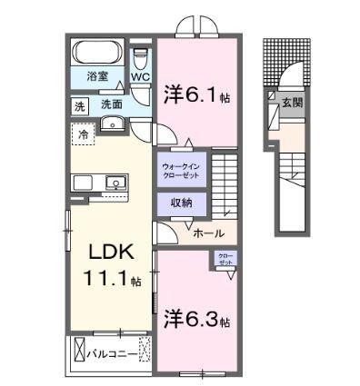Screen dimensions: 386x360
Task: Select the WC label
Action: click(140, 77)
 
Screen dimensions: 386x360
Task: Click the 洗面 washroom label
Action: click(112, 104)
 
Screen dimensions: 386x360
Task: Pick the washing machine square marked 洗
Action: click(81, 104)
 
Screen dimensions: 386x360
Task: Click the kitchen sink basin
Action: click(115, 183)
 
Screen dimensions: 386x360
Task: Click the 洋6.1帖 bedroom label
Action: click(195, 94)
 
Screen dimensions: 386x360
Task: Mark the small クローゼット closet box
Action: click(225, 260)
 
